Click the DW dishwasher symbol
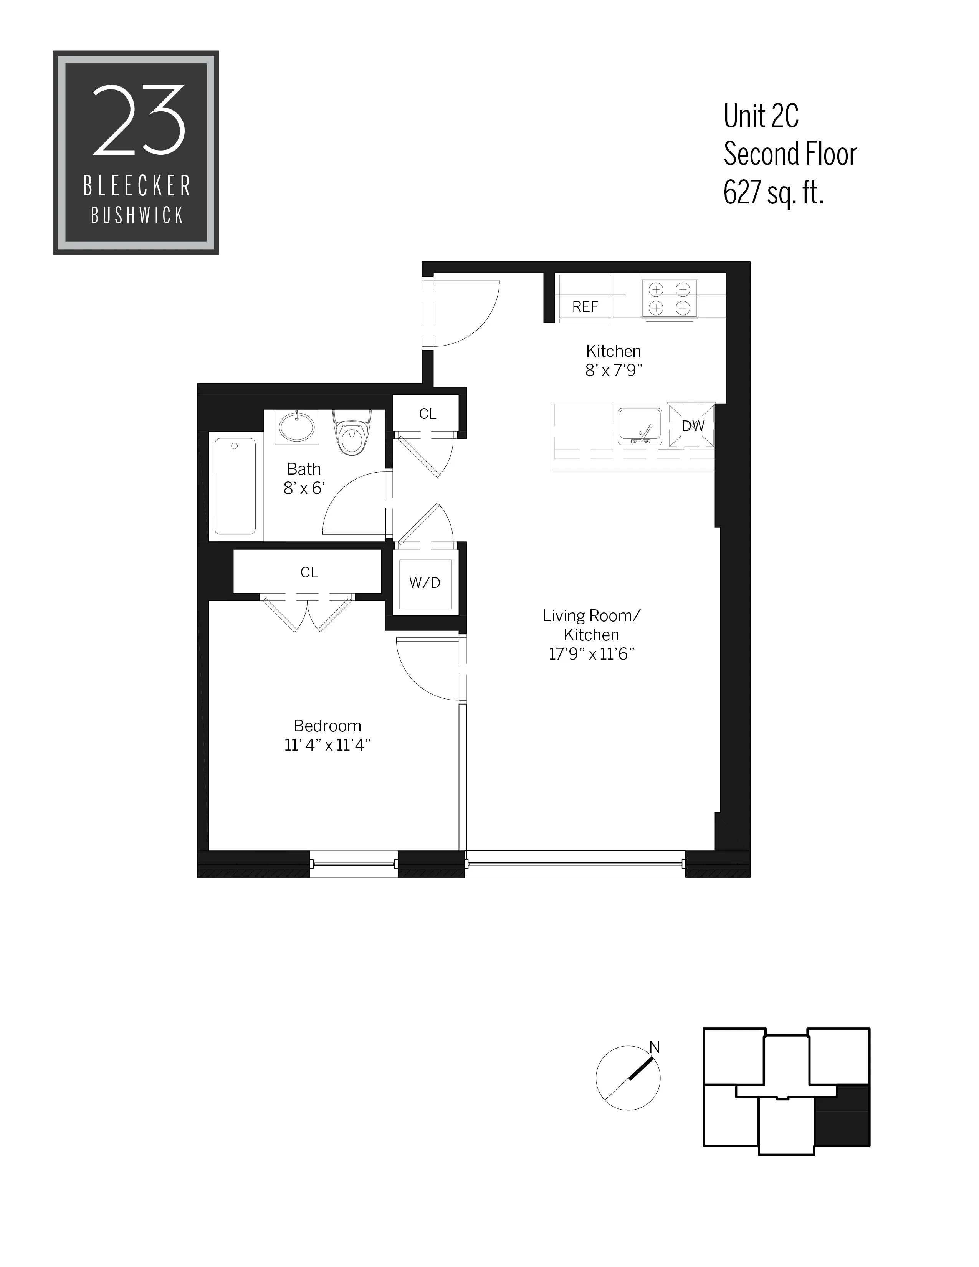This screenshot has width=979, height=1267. pyautogui.click(x=692, y=426)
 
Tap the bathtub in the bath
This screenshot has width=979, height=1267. pyautogui.click(x=235, y=486)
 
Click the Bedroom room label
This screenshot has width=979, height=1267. pyautogui.click(x=327, y=726)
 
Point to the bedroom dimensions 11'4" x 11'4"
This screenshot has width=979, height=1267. pyautogui.click(x=327, y=745)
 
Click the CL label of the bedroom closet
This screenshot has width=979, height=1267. pyautogui.click(x=309, y=572)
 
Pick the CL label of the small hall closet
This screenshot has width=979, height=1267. pyautogui.click(x=427, y=414)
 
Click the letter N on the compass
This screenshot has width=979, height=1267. pyautogui.click(x=654, y=1047)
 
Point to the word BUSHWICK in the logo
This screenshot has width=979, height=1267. pyautogui.click(x=137, y=216)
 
